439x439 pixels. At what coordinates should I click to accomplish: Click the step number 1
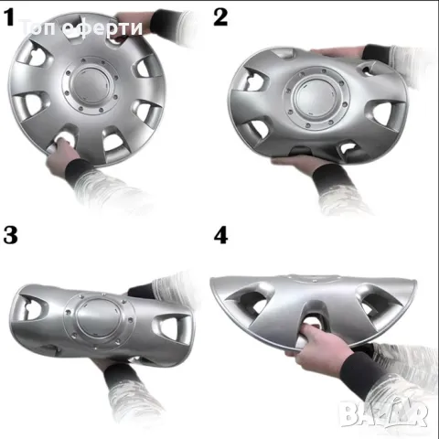pyautogui.click(x=10, y=16)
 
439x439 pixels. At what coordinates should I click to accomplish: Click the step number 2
pyautogui.click(x=221, y=16)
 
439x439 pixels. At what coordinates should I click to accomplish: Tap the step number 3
pyautogui.click(x=11, y=234)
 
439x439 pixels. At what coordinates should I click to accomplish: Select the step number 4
pyautogui.click(x=221, y=234)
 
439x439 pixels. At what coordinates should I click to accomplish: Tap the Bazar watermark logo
pyautogui.click(x=394, y=412)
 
